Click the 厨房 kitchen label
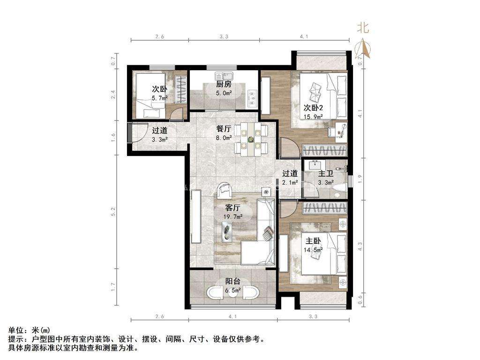coord(224,84)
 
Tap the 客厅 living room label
coord(232,208)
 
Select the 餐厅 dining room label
coord(224,129)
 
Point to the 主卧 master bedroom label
coord(313,241)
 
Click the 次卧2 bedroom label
coord(313,108)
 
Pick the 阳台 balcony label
coord(232,281)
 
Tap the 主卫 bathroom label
coord(325,174)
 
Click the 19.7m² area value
coord(233,217)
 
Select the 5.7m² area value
coord(160,98)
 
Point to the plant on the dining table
coord(251,140)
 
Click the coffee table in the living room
coord(227,231)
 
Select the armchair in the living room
coord(225,190)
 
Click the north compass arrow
coord(364,48)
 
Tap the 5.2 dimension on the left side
coord(113,212)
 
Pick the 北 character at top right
coord(363,28)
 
